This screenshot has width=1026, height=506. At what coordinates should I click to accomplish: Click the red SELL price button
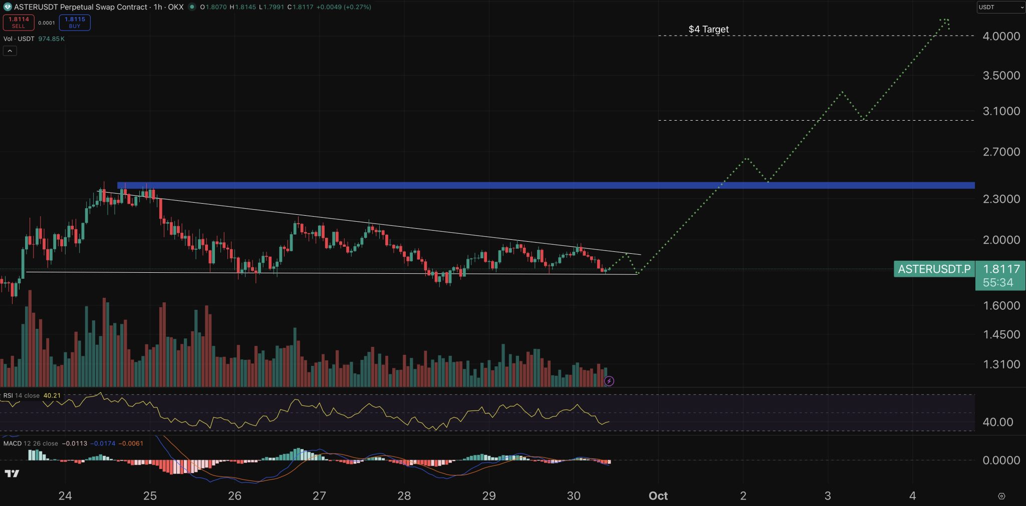(x=19, y=23)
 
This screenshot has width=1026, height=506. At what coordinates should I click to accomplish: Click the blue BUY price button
(x=75, y=23)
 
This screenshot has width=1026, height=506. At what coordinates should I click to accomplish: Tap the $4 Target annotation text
(x=708, y=29)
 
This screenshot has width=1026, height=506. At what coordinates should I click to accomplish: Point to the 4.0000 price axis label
(x=1001, y=36)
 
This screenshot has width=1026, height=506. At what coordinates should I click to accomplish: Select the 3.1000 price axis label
(x=1001, y=111)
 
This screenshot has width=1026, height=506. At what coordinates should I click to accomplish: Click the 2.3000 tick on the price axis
(x=1001, y=199)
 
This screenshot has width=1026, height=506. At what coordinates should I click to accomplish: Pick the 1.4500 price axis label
(x=1001, y=335)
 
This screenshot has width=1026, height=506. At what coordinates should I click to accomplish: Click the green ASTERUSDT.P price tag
(x=934, y=269)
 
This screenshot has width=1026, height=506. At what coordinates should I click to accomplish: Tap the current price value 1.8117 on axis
(x=1001, y=269)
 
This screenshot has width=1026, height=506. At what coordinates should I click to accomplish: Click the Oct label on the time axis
(x=658, y=496)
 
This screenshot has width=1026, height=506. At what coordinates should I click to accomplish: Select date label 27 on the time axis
(x=319, y=496)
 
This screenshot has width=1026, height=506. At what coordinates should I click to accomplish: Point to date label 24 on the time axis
(x=65, y=496)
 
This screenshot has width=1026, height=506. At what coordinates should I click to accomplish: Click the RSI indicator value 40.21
(x=52, y=395)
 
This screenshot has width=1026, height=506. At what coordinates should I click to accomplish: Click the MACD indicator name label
(x=13, y=443)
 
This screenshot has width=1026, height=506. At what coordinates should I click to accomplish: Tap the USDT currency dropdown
(x=1000, y=7)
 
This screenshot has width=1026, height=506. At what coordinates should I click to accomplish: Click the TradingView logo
(x=12, y=473)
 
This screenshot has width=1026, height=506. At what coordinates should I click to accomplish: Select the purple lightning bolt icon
(x=609, y=381)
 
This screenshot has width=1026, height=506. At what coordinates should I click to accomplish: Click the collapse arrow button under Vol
(x=10, y=51)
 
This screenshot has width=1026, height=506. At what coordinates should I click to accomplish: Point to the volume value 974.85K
(x=51, y=39)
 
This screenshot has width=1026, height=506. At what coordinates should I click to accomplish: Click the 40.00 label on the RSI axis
(x=997, y=422)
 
